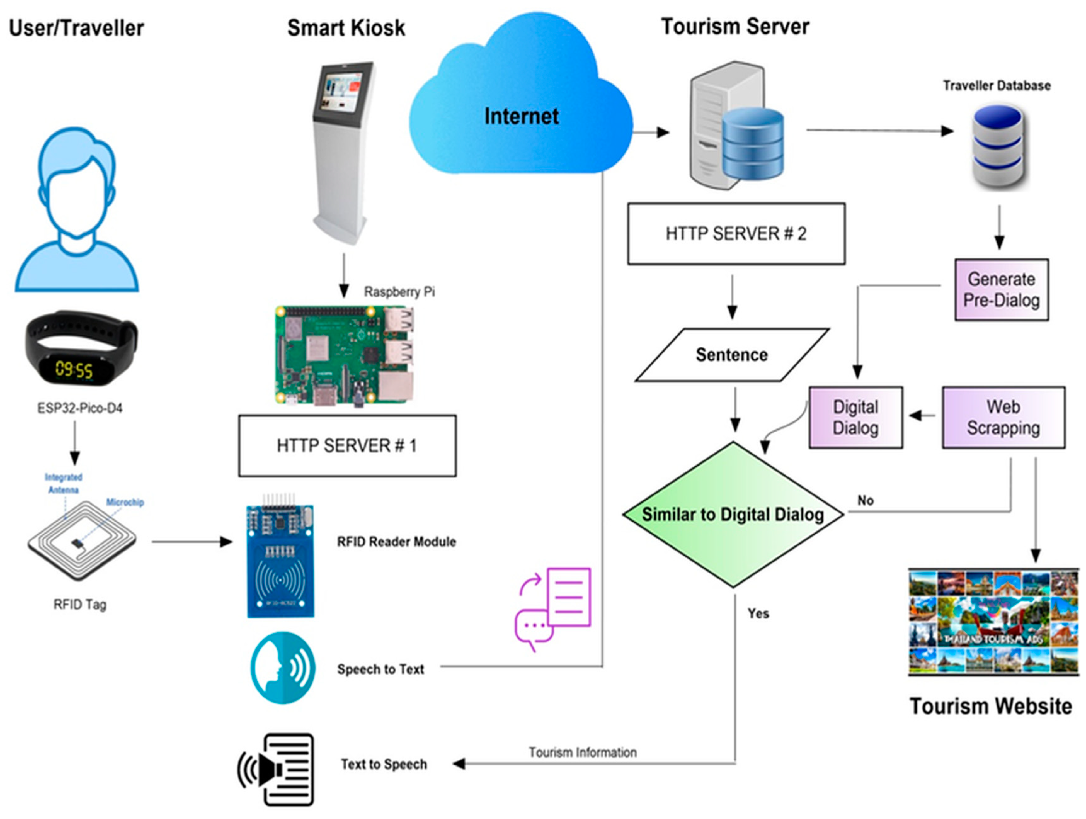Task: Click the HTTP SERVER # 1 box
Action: pyautogui.click(x=347, y=446)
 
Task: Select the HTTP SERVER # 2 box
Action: pyautogui.click(x=736, y=234)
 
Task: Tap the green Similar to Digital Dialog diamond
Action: pyautogui.click(x=733, y=514)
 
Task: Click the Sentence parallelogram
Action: pyautogui.click(x=732, y=355)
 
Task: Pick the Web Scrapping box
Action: pyautogui.click(x=1003, y=417)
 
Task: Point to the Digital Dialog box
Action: pyautogui.click(x=855, y=417)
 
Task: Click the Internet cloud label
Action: pyautogui.click(x=521, y=116)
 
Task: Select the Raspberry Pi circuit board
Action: pyautogui.click(x=344, y=355)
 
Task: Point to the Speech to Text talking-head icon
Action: pyautogui.click(x=282, y=667)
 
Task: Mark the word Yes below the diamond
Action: pyautogui.click(x=758, y=613)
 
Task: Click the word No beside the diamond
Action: pyautogui.click(x=865, y=500)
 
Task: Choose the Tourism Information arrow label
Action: pyautogui.click(x=582, y=752)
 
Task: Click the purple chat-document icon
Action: pyautogui.click(x=553, y=608)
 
